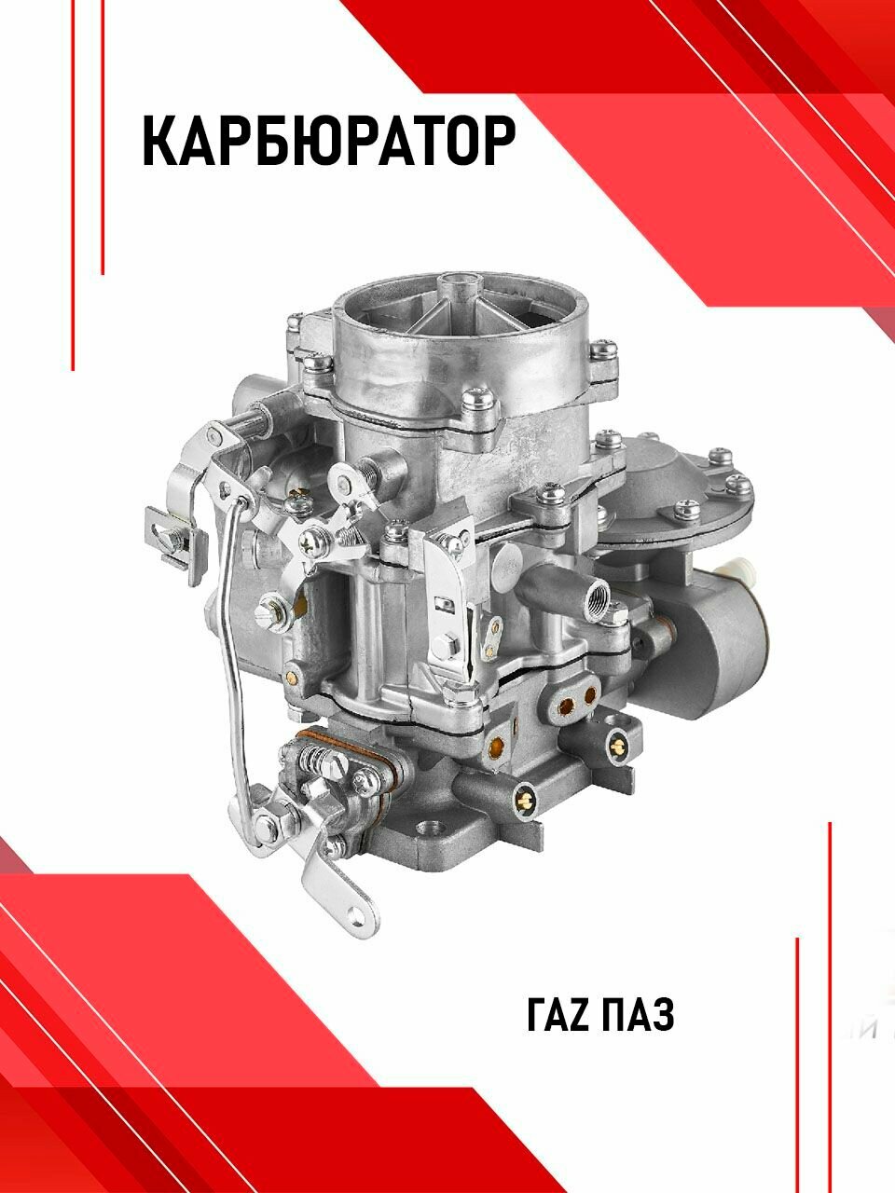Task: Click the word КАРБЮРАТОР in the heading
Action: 328,142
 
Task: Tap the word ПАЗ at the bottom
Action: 638,1014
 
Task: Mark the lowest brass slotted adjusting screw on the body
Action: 524,793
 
